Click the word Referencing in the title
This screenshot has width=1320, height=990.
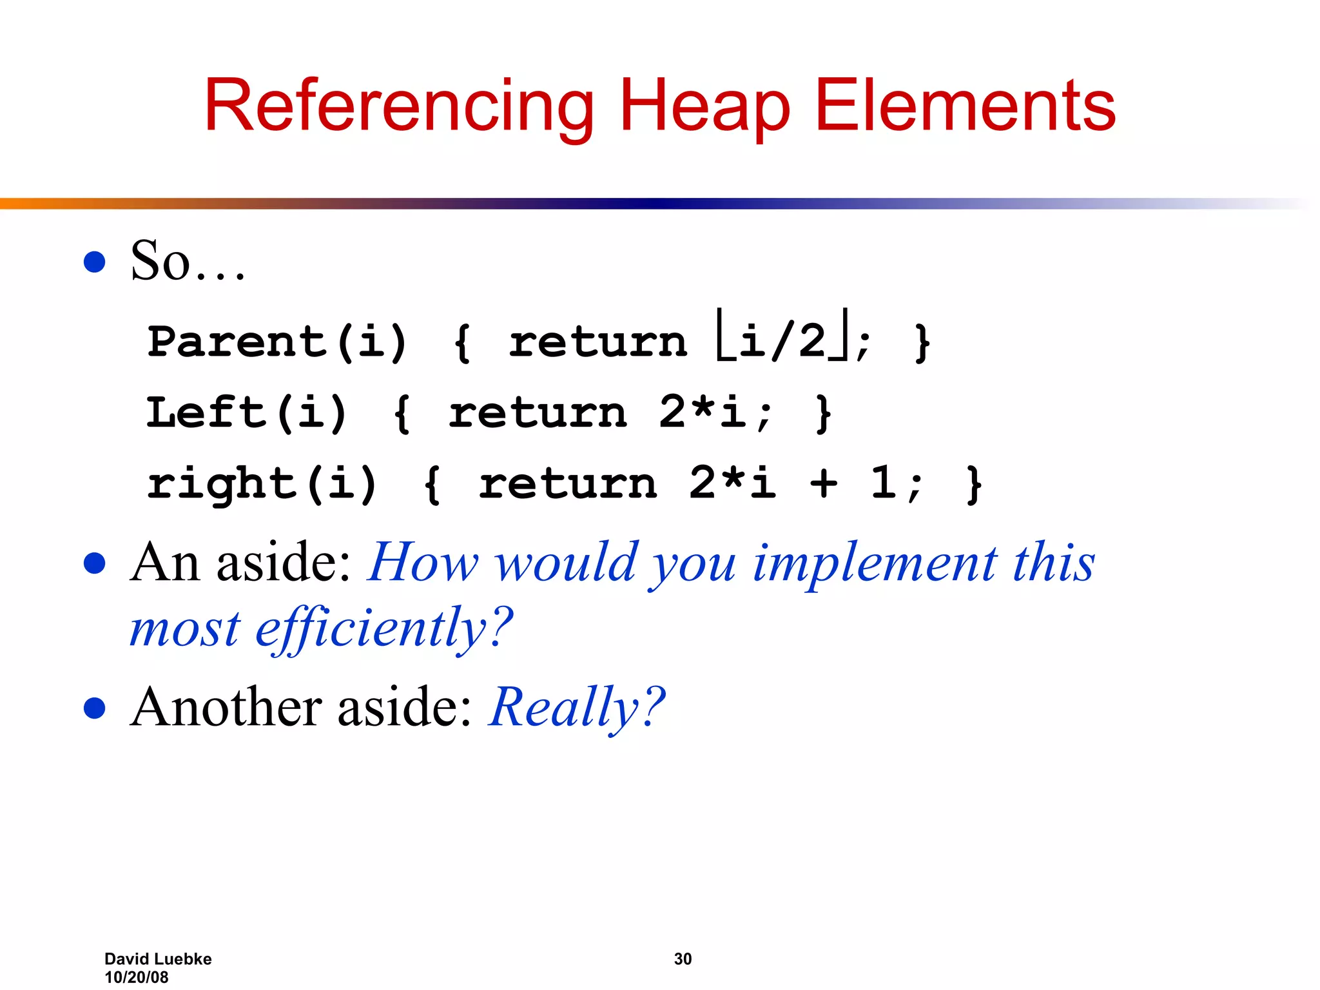tap(398, 106)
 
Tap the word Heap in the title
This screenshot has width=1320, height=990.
tap(704, 106)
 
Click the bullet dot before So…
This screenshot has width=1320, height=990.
tap(95, 262)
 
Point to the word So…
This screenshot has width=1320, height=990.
tap(187, 261)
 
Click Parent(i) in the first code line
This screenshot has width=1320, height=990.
tap(277, 342)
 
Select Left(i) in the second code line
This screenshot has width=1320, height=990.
tap(247, 412)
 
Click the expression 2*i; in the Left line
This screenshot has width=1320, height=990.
tap(714, 412)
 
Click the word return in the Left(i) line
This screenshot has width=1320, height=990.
tap(538, 412)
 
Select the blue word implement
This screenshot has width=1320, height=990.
tap(875, 563)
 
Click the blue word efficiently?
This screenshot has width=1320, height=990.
tap(384, 628)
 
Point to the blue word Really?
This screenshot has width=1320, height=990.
tap(576, 708)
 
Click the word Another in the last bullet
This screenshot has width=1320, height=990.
tap(224, 708)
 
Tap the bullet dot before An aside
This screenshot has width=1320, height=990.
tap(95, 563)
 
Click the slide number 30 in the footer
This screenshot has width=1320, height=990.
tap(683, 959)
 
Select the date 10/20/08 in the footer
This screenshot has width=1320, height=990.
tap(136, 977)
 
